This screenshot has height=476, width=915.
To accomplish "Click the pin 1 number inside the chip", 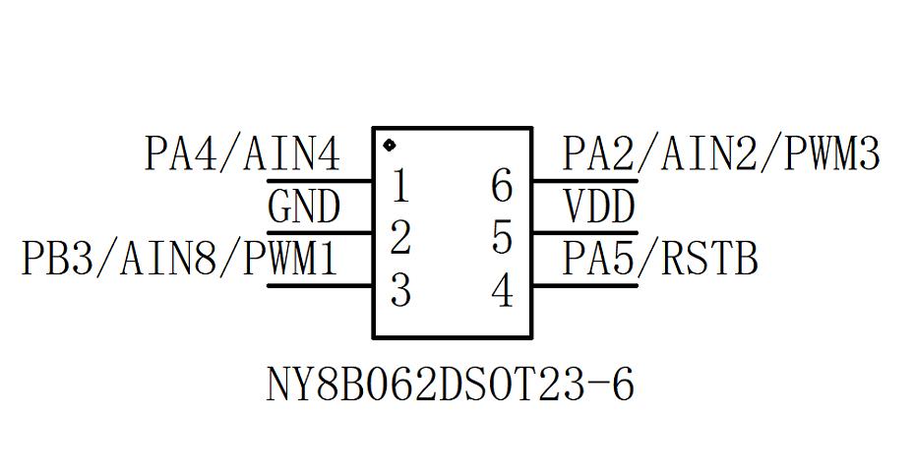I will click(x=399, y=186).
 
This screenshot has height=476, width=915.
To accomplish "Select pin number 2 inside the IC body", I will click(x=399, y=239).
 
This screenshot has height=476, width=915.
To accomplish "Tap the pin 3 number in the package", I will click(x=399, y=291).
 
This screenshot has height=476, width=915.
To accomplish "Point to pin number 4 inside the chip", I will click(x=502, y=291).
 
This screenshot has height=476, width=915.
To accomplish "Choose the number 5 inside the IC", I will click(x=502, y=239).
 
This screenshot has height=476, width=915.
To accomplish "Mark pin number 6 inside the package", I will click(x=502, y=186).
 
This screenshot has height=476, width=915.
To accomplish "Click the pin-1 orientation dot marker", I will click(x=390, y=146).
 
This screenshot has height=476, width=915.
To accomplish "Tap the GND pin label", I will click(x=304, y=208).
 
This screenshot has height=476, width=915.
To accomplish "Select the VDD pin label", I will click(x=598, y=208).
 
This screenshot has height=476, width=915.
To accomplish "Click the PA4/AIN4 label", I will click(x=242, y=154).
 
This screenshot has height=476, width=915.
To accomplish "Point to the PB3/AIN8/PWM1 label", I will click(x=180, y=260).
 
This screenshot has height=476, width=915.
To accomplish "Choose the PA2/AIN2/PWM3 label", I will click(x=720, y=154).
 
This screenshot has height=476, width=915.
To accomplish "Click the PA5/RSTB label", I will click(x=660, y=260).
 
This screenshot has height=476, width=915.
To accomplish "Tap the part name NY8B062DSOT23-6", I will click(x=450, y=386).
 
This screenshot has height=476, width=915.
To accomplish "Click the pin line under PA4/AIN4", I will click(x=319, y=181).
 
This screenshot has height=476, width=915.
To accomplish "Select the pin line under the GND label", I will click(x=319, y=233).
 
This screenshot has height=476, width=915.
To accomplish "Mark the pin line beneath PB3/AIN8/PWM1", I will click(x=319, y=286).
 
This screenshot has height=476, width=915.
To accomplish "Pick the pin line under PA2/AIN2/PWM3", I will click(x=585, y=181).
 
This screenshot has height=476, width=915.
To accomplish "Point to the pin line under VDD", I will click(x=585, y=233).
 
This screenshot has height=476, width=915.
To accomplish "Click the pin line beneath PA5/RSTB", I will click(x=585, y=286).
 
